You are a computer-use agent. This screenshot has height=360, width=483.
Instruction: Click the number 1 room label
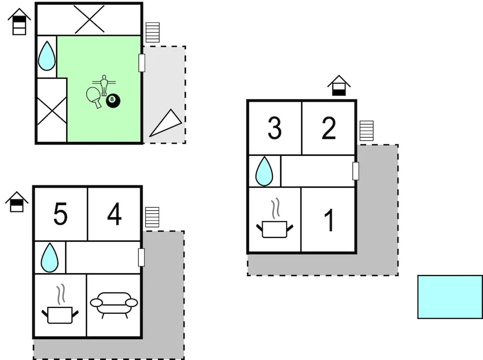click(329, 220)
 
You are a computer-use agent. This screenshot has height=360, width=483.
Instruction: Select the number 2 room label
click(329, 128)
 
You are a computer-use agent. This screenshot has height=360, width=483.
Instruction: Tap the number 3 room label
click(274, 128)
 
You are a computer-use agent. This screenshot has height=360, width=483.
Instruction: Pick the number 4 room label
click(114, 214)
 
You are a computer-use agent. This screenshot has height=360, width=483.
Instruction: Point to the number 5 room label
click(60, 214)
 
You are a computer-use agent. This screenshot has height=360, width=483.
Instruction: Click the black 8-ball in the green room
click(113, 100)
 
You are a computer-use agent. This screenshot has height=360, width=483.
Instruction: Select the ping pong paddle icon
click(94, 96)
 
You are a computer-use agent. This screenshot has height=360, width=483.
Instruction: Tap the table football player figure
click(103, 84)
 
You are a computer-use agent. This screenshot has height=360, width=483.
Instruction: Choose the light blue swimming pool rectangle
click(450, 297)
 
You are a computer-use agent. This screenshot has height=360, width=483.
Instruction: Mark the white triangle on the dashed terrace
click(167, 124)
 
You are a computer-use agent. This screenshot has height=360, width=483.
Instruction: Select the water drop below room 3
click(264, 171)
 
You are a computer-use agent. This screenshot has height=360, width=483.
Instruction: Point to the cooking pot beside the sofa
click(60, 309)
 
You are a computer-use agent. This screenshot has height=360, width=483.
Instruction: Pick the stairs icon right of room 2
click(367, 131)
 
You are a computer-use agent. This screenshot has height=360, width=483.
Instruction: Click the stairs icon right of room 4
click(152, 217)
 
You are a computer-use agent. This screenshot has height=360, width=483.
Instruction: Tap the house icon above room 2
click(339, 85)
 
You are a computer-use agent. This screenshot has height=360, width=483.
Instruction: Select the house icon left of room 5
click(17, 202)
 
